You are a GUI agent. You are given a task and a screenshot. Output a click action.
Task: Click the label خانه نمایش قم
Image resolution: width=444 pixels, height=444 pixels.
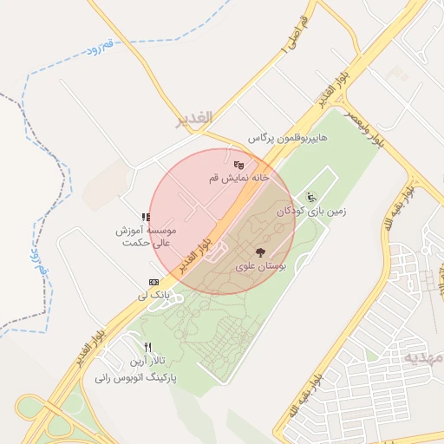point(239,178)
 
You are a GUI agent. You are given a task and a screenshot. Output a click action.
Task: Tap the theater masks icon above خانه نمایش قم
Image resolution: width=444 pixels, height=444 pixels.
point(239,165)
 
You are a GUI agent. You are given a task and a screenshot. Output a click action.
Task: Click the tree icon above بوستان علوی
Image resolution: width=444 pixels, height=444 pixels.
point(261,252)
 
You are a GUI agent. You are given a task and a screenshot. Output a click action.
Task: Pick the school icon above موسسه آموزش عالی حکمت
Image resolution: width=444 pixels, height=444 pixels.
point(146,218)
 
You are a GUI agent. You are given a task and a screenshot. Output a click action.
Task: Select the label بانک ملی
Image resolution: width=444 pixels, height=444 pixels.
point(152,296)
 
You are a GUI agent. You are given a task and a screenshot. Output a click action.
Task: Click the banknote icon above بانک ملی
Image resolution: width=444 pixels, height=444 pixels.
point(153,282)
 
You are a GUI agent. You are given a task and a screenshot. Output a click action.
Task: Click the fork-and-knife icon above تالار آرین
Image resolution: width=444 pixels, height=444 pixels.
point(148,348)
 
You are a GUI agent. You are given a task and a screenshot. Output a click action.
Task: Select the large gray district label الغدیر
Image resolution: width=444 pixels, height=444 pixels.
point(193,121)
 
